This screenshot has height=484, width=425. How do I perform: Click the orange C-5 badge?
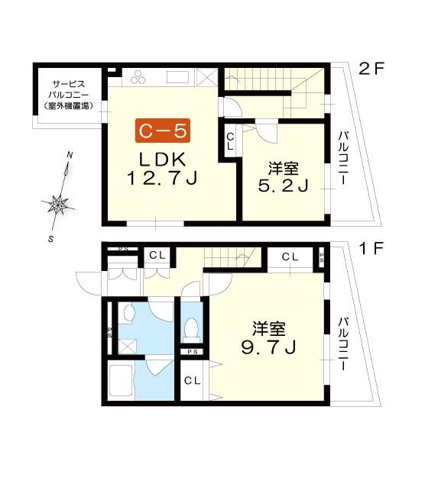click(x=163, y=131)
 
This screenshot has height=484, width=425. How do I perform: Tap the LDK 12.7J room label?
click(x=162, y=169)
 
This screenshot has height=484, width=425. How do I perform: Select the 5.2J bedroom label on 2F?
click(x=283, y=177)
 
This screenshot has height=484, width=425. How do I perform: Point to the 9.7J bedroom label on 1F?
click(x=268, y=338)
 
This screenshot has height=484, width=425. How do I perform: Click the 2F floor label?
click(x=371, y=69)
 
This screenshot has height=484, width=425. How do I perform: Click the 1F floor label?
click(x=371, y=248)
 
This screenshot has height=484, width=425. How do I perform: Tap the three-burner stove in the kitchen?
click(x=138, y=77)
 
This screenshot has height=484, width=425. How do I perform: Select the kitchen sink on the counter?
click(x=178, y=77)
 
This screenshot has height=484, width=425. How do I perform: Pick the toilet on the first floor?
click(x=190, y=328)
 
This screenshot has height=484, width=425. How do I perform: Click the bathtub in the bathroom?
click(x=121, y=381)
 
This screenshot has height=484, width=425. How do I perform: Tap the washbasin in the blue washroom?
click(x=129, y=312)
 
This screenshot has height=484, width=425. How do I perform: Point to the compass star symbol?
click(x=58, y=204)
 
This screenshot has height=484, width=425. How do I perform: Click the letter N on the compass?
click(x=70, y=155)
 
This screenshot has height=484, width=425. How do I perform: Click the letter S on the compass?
click(x=51, y=239)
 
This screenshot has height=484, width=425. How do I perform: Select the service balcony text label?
click(x=69, y=95)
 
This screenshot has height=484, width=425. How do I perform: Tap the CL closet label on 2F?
click(x=230, y=141)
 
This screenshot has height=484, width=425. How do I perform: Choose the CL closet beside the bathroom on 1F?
click(x=193, y=381)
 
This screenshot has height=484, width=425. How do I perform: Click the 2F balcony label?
click(x=343, y=158)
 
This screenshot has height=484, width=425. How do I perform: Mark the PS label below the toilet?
click(x=193, y=352)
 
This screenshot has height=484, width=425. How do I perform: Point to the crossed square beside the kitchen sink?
click(x=207, y=77)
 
